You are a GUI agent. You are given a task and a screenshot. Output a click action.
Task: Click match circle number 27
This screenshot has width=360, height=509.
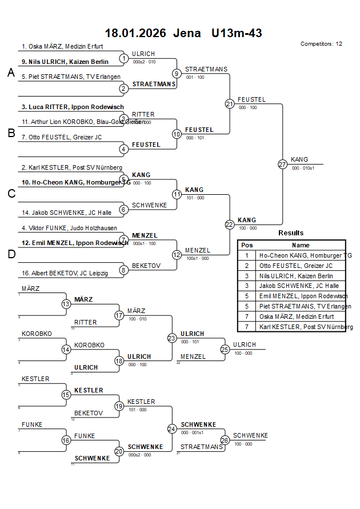[282, 164]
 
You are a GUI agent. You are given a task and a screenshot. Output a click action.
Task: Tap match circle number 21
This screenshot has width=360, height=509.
[230, 103]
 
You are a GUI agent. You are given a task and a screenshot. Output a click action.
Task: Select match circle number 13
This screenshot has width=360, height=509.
[66, 304]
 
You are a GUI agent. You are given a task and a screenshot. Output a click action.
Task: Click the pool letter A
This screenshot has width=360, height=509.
[11, 73]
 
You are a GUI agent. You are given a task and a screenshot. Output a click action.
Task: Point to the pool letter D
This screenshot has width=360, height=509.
[11, 255]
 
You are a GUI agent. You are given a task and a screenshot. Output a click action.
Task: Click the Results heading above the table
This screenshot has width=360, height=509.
[291, 233]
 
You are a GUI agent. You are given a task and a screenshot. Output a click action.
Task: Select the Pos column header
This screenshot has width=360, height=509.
[247, 245]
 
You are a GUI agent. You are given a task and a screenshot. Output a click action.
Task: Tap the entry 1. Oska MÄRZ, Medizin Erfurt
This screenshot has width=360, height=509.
[62, 46]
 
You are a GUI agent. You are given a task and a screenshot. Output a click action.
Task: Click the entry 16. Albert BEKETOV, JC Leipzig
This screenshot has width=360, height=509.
[65, 274]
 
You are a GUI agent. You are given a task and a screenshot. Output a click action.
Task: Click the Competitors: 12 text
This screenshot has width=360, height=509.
[321, 43]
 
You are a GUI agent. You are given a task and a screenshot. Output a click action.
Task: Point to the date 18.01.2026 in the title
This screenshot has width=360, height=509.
[135, 33]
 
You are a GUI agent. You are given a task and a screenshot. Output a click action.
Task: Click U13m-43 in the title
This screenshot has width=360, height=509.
[236, 33]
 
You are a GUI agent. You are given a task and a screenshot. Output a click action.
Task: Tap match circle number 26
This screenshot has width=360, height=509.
[225, 440]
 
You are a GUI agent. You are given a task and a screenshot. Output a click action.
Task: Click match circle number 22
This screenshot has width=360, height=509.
[230, 225]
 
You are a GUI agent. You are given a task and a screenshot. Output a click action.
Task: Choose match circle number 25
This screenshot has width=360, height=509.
[225, 349]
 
